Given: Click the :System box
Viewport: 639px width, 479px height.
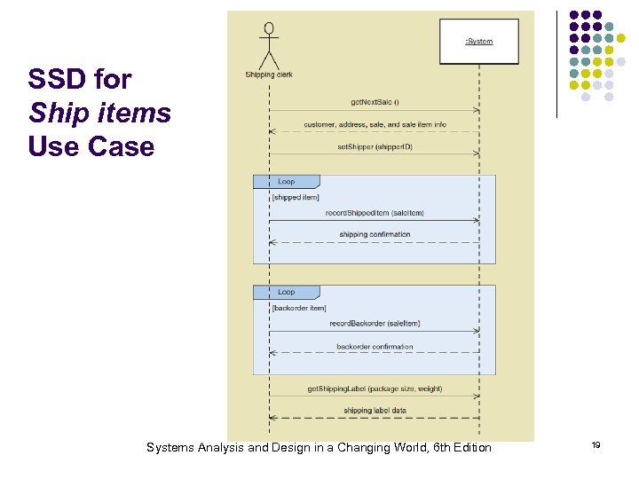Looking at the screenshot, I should (x=478, y=42).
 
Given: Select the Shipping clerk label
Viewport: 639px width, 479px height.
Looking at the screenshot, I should (x=269, y=75).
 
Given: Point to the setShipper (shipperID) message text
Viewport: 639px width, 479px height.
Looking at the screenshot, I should (x=375, y=146).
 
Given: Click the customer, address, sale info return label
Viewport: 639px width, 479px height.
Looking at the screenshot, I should (x=375, y=124).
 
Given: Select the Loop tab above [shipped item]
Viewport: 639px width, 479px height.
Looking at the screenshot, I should (x=286, y=182).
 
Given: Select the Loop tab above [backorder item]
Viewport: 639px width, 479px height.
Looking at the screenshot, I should (x=286, y=292).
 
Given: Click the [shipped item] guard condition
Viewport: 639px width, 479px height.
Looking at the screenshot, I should (x=296, y=197).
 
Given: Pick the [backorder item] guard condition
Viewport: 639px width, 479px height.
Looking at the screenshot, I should (x=299, y=307).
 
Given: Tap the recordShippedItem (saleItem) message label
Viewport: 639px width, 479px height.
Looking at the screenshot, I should (x=375, y=213).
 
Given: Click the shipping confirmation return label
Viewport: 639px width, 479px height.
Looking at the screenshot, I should (x=375, y=235).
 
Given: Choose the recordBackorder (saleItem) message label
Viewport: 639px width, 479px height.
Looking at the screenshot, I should (x=375, y=324).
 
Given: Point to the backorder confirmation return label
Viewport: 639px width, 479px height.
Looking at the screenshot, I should (x=375, y=347).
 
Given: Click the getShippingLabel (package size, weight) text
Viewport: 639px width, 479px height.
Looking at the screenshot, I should (x=375, y=389).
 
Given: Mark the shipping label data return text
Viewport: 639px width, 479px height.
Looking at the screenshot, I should (x=375, y=411).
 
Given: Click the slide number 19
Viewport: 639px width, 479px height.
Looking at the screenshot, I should (x=596, y=445).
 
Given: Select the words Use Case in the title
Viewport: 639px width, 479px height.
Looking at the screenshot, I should (x=91, y=146).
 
